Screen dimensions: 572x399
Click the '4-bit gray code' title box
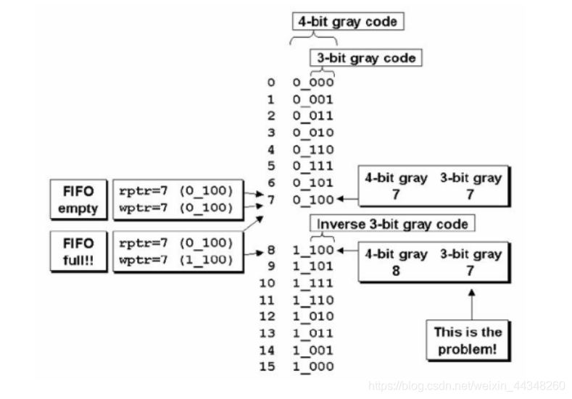pyautogui.click(x=348, y=22)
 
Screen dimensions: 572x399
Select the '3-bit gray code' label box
pyautogui.click(x=366, y=58)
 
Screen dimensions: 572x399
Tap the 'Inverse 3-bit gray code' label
pyautogui.click(x=392, y=223)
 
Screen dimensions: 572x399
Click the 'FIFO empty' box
pyautogui.click(x=78, y=200)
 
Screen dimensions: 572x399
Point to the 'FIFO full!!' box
pyautogui.click(x=78, y=251)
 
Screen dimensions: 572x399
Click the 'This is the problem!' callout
pyautogui.click(x=468, y=340)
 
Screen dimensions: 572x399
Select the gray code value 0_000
pyautogui.click(x=313, y=83)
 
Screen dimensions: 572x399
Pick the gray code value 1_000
pyautogui.click(x=313, y=366)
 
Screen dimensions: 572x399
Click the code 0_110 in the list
pyautogui.click(x=313, y=149)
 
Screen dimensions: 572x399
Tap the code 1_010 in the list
pyautogui.click(x=313, y=316)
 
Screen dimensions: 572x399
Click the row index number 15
pyautogui.click(x=267, y=366)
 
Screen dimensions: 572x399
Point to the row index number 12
pyautogui.click(x=267, y=316)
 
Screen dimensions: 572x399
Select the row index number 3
pyautogui.click(x=270, y=133)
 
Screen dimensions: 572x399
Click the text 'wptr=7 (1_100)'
pyautogui.click(x=176, y=260)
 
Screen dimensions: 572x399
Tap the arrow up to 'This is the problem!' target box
pyautogui.click(x=472, y=305)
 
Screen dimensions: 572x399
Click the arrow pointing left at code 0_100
pyautogui.click(x=348, y=199)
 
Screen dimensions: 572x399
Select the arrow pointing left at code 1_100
pyautogui.click(x=348, y=251)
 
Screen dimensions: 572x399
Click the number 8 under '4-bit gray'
pyautogui.click(x=396, y=271)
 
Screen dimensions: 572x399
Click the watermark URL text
pyautogui.click(x=467, y=386)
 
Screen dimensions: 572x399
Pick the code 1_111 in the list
pyautogui.click(x=313, y=283)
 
